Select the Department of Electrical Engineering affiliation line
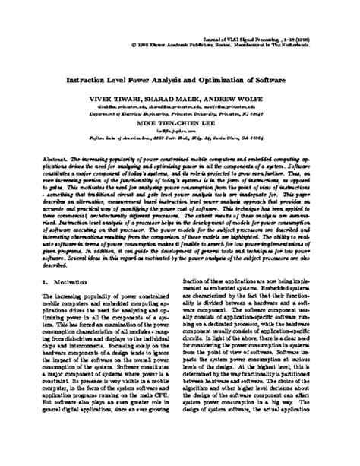pyautogui.click(x=179, y=113)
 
